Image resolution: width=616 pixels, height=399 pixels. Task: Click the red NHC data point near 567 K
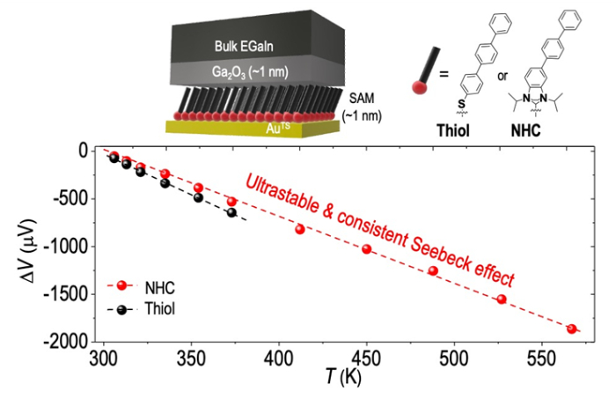pos(572,329)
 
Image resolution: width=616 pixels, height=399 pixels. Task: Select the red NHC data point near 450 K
pos(367,249)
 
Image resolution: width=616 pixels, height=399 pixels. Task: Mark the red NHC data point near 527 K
pos(502,299)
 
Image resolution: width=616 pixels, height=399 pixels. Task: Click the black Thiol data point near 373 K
pos(232,212)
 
